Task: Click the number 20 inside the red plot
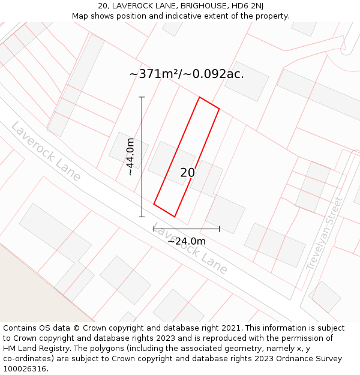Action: click(187, 173)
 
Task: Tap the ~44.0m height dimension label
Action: click(130, 157)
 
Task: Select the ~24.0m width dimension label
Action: click(186, 241)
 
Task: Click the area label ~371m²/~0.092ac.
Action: click(187, 74)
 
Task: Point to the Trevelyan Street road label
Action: click(324, 233)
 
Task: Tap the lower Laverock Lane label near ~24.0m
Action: click(191, 249)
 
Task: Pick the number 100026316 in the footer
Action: click(23, 369)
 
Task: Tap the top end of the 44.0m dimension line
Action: click(142, 97)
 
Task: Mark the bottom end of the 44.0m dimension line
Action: click(142, 217)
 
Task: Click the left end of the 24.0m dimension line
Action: click(154, 229)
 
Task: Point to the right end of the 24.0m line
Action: click(219, 229)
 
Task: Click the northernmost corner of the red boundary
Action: click(199, 97)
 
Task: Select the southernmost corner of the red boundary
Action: click(175, 217)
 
